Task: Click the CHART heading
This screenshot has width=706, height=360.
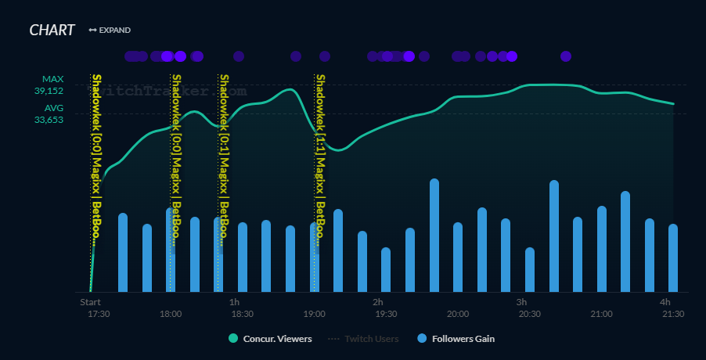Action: click(x=52, y=30)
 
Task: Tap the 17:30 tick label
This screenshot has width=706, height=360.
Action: click(x=99, y=314)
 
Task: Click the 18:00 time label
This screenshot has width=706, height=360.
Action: click(x=171, y=314)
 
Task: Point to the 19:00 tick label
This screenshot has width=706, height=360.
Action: click(x=314, y=314)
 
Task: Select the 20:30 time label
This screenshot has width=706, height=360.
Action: click(x=530, y=314)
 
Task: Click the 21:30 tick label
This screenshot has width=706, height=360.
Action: click(x=673, y=314)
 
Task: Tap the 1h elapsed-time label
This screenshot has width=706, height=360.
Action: click(x=234, y=302)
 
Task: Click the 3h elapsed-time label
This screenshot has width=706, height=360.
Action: click(x=521, y=302)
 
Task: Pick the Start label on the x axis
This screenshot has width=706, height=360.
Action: click(x=90, y=302)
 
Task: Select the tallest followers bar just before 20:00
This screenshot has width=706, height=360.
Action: click(x=434, y=235)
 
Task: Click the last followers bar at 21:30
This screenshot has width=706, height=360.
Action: click(x=673, y=258)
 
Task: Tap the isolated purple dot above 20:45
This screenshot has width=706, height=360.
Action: click(x=566, y=56)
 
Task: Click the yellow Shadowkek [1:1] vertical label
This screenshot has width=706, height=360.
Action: click(x=320, y=157)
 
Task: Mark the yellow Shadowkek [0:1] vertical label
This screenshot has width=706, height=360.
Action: click(x=224, y=157)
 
